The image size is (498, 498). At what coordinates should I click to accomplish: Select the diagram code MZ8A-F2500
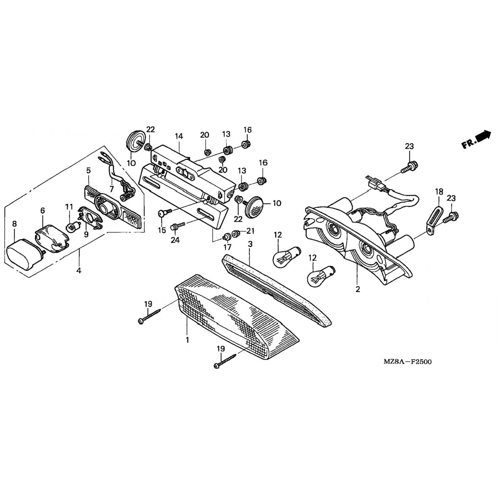pyautogui.click(x=408, y=362)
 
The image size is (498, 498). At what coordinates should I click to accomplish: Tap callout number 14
pyautogui.click(x=179, y=136)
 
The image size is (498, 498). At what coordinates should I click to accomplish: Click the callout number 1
pyautogui.click(x=187, y=340)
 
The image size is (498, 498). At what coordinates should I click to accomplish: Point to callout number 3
pyautogui.click(x=250, y=244)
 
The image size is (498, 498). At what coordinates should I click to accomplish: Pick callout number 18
pyautogui.click(x=439, y=192)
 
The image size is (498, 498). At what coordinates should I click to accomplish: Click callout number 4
pyautogui.click(x=79, y=271)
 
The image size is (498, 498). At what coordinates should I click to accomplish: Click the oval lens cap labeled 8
pyautogui.click(x=25, y=255)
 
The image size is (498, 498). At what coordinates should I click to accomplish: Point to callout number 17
pyautogui.click(x=227, y=247)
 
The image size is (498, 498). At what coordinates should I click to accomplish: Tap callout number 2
pyautogui.click(x=358, y=289)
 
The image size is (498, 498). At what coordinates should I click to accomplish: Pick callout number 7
pyautogui.click(x=112, y=189)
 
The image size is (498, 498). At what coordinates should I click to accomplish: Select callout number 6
pyautogui.click(x=42, y=210)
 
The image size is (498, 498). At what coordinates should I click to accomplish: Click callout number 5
pyautogui.click(x=88, y=171)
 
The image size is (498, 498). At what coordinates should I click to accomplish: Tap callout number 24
pyautogui.click(x=175, y=240)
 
